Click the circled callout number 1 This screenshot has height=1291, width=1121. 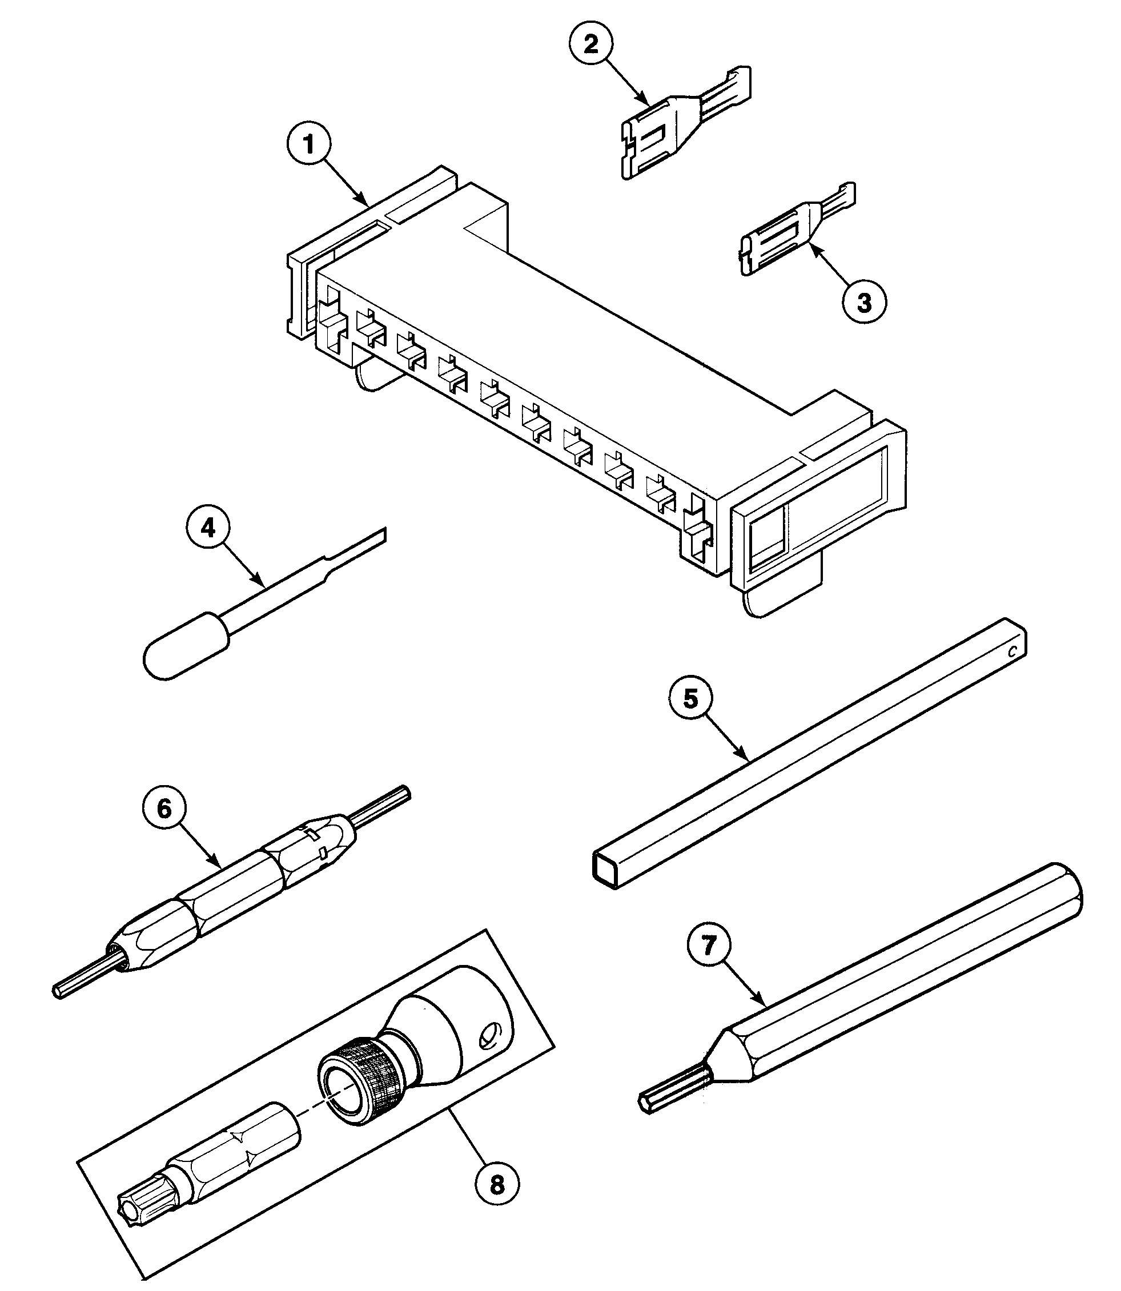click(x=308, y=144)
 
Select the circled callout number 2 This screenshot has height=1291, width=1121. click(x=591, y=45)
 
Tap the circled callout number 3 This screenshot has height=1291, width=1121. click(x=864, y=303)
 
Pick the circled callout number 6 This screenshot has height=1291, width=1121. click(x=164, y=809)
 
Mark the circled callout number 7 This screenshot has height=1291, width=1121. click(x=708, y=945)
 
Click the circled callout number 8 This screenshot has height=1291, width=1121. click(x=497, y=1184)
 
